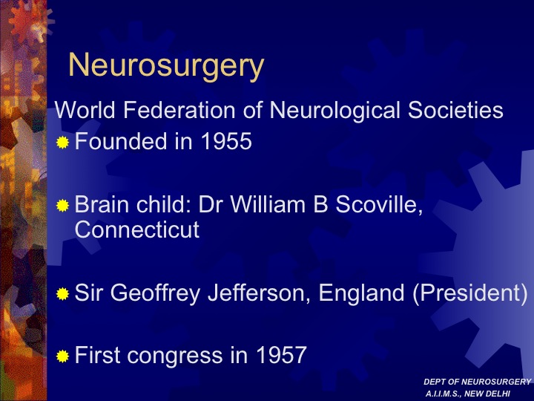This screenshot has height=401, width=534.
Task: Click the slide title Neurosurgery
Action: [166, 66]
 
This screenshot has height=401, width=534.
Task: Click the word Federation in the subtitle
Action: [179, 110]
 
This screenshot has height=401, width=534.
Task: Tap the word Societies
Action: [455, 110]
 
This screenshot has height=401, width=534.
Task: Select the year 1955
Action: [226, 141]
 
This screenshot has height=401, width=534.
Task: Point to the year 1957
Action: [281, 355]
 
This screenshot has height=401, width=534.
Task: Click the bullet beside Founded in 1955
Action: [62, 142]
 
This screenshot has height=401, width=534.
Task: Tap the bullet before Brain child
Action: [62, 205]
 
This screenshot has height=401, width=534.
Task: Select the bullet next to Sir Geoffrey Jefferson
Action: [62, 293]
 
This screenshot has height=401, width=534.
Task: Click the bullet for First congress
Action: [62, 356]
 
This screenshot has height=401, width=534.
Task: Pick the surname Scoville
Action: [379, 205]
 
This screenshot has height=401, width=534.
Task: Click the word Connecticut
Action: [137, 229]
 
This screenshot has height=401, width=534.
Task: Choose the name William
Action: [268, 204]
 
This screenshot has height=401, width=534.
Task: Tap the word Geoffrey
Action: [155, 293]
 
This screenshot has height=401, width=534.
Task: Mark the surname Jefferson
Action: [259, 293]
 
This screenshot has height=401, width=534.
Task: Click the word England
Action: [361, 293]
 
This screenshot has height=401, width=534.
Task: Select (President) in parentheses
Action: [470, 293]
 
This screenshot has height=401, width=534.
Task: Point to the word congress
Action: [175, 356]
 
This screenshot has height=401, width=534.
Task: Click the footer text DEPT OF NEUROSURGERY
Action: [478, 382]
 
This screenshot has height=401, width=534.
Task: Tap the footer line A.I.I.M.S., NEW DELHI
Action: [468, 394]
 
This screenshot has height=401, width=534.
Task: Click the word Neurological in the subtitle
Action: [334, 111]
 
